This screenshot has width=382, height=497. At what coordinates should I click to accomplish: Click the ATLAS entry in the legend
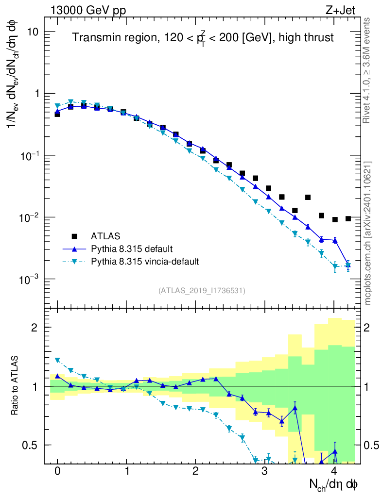pos(102,236)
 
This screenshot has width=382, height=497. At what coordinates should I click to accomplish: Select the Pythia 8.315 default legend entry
pos(131,249)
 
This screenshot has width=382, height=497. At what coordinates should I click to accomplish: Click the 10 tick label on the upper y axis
pos(34,32)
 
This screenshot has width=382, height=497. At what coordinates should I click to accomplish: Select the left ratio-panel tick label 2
pos(36,327)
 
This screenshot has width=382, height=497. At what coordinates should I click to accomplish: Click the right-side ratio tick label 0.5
pos(371,445)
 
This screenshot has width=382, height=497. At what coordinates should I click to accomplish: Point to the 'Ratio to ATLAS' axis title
pos(16,386)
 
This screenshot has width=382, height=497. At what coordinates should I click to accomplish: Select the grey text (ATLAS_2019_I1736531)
pos(202,291)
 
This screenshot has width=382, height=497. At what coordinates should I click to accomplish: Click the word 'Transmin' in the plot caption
pos(93,38)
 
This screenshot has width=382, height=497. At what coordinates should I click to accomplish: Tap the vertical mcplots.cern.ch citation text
pos(368,233)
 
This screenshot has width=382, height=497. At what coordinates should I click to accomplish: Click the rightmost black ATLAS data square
pos(348,218)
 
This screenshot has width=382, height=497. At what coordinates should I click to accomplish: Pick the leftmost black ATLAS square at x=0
pos(57,114)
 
